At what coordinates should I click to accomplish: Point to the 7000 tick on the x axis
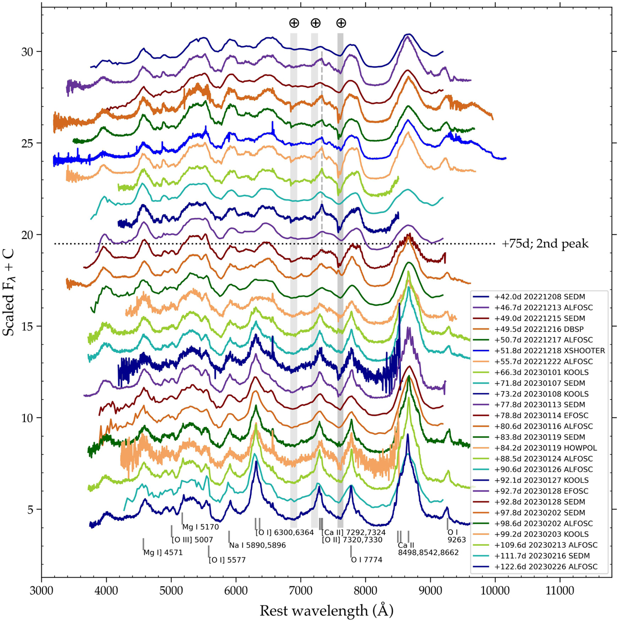(x=366, y=577)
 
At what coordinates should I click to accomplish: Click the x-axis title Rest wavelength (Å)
(x=326, y=611)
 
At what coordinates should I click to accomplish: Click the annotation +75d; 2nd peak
(x=545, y=243)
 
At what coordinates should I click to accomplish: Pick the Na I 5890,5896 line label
(x=257, y=545)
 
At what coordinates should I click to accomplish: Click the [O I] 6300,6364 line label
(x=285, y=533)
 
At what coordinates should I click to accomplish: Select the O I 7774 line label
(x=366, y=560)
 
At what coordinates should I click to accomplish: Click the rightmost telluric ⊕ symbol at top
(x=341, y=23)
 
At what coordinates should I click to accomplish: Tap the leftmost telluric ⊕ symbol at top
(x=294, y=23)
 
